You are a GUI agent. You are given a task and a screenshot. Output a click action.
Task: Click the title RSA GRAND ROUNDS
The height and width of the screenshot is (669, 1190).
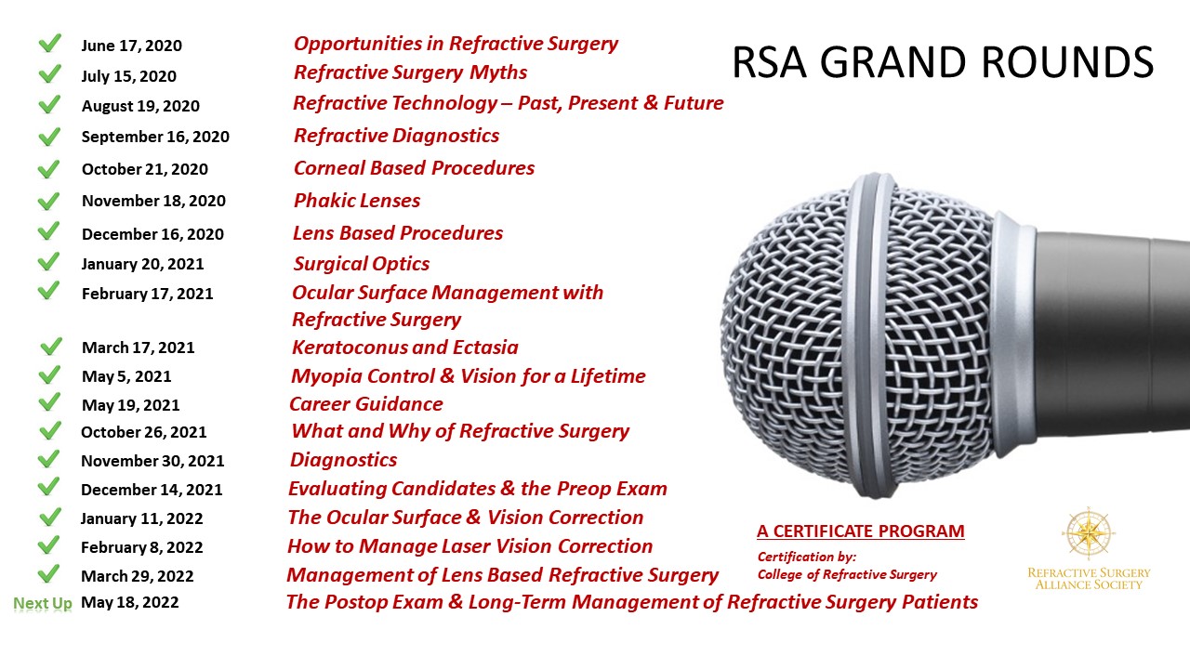click(943, 62)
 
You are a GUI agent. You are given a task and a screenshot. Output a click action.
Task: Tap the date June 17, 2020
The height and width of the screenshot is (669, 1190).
click(131, 46)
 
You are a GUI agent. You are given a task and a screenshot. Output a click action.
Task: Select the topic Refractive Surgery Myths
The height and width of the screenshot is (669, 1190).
click(410, 72)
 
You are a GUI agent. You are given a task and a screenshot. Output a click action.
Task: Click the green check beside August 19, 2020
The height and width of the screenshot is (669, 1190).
click(49, 104)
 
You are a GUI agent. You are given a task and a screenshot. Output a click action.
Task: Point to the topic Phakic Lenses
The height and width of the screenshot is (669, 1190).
click(356, 200)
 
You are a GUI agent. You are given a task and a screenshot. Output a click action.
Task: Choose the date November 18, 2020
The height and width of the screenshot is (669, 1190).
click(153, 201)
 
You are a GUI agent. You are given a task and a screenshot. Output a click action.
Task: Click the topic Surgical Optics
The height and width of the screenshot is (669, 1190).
click(362, 264)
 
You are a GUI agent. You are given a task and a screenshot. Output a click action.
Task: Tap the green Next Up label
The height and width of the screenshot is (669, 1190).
click(43, 603)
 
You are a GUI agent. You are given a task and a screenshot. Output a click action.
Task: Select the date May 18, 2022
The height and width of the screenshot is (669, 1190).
click(129, 603)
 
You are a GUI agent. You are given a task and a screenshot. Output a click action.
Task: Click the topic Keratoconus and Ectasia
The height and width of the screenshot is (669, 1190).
click(404, 348)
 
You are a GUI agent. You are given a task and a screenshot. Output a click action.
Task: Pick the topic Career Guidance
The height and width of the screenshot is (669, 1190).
click(366, 404)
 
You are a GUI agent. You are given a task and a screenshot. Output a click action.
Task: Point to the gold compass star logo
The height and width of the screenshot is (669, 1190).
click(1089, 533)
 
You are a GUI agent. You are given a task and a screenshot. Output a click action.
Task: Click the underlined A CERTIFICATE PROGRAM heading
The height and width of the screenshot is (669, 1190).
click(861, 531)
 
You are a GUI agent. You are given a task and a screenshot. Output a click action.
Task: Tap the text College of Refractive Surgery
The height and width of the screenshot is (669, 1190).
click(847, 574)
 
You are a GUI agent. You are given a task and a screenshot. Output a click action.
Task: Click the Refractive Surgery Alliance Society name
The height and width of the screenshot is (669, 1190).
click(1089, 579)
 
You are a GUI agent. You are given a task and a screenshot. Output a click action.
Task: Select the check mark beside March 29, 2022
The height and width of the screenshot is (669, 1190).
click(49, 574)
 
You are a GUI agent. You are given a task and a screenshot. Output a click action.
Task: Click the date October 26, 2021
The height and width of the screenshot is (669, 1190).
click(143, 432)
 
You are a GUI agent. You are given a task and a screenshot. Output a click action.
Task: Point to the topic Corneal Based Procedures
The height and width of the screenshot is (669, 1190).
click(414, 168)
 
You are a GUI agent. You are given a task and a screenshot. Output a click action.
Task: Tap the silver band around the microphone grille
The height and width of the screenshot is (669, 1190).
click(871, 334)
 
